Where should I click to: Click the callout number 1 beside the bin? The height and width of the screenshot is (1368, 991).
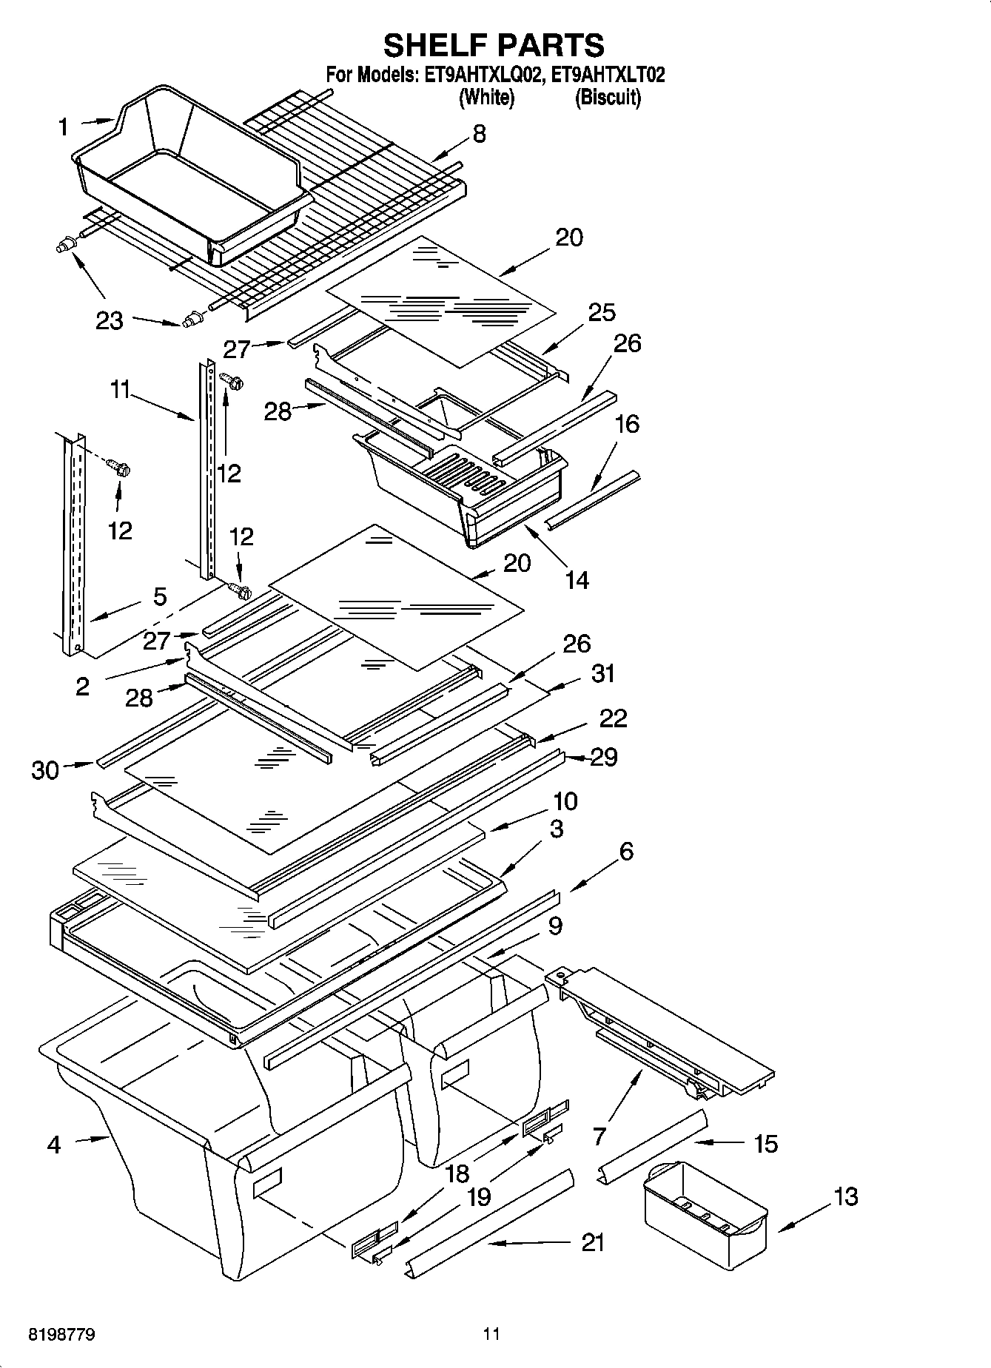point(63,128)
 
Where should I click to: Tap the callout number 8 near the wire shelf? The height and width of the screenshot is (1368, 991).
point(479,134)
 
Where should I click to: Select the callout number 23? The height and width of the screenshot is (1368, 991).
point(109,321)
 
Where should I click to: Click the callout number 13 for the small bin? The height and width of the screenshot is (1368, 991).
point(846,1196)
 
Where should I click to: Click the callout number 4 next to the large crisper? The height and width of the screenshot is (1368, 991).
point(53,1145)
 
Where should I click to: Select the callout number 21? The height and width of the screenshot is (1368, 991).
point(592,1242)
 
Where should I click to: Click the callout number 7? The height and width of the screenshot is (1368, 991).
point(599,1136)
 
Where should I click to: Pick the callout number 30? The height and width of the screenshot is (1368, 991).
point(45,771)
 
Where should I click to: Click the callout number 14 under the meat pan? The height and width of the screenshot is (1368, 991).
point(577,579)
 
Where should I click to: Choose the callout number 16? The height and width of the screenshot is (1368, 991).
point(627,424)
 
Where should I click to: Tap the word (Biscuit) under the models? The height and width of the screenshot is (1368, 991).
point(608,98)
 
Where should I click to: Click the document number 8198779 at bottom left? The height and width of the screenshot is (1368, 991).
point(62,1335)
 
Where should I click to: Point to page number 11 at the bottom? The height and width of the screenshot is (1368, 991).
point(491,1335)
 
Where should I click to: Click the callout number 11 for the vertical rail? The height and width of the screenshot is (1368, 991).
point(121,389)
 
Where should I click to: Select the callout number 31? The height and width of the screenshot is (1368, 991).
point(603,674)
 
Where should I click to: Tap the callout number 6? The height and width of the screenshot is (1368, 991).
point(625,852)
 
